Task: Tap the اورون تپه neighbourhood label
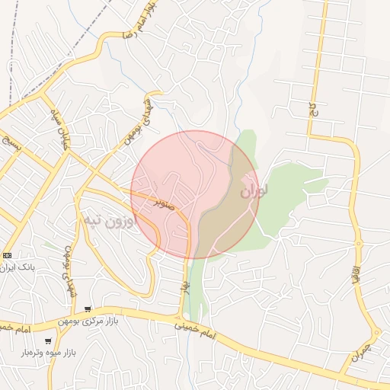107,222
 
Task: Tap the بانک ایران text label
21,267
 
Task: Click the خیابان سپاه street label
55,129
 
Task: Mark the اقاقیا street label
355,275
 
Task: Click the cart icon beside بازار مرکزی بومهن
88,309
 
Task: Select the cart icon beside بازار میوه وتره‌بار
49,341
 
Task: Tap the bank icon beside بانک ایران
8,255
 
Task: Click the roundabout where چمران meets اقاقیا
376,334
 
